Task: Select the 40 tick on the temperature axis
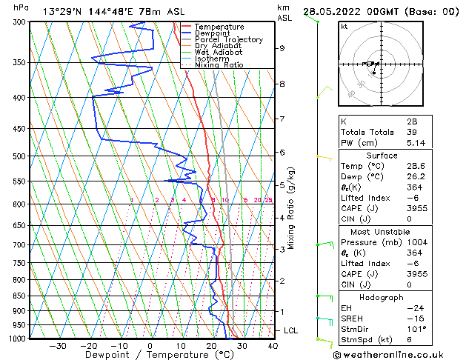[x=273, y=346]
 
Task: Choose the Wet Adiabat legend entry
[x=219, y=52]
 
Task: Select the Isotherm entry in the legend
[x=211, y=59]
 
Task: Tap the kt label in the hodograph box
[x=344, y=27]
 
